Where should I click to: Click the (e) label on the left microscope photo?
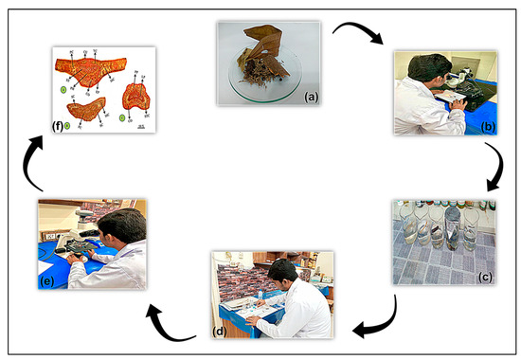point(47,279)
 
